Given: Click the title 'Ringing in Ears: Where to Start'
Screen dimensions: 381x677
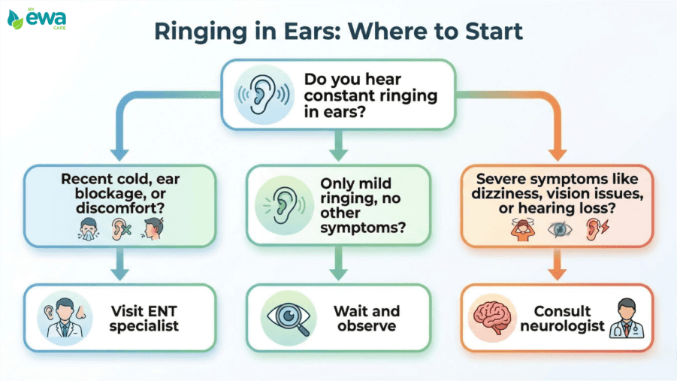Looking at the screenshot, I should coord(338,32).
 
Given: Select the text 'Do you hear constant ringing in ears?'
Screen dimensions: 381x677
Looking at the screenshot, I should coord(366,94).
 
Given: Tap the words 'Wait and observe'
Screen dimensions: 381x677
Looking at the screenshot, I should coord(366,318).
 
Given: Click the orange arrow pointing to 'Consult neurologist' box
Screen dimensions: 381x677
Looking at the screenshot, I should coord(557,265).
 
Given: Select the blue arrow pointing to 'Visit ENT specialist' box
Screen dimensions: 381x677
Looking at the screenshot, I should coord(119,265).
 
